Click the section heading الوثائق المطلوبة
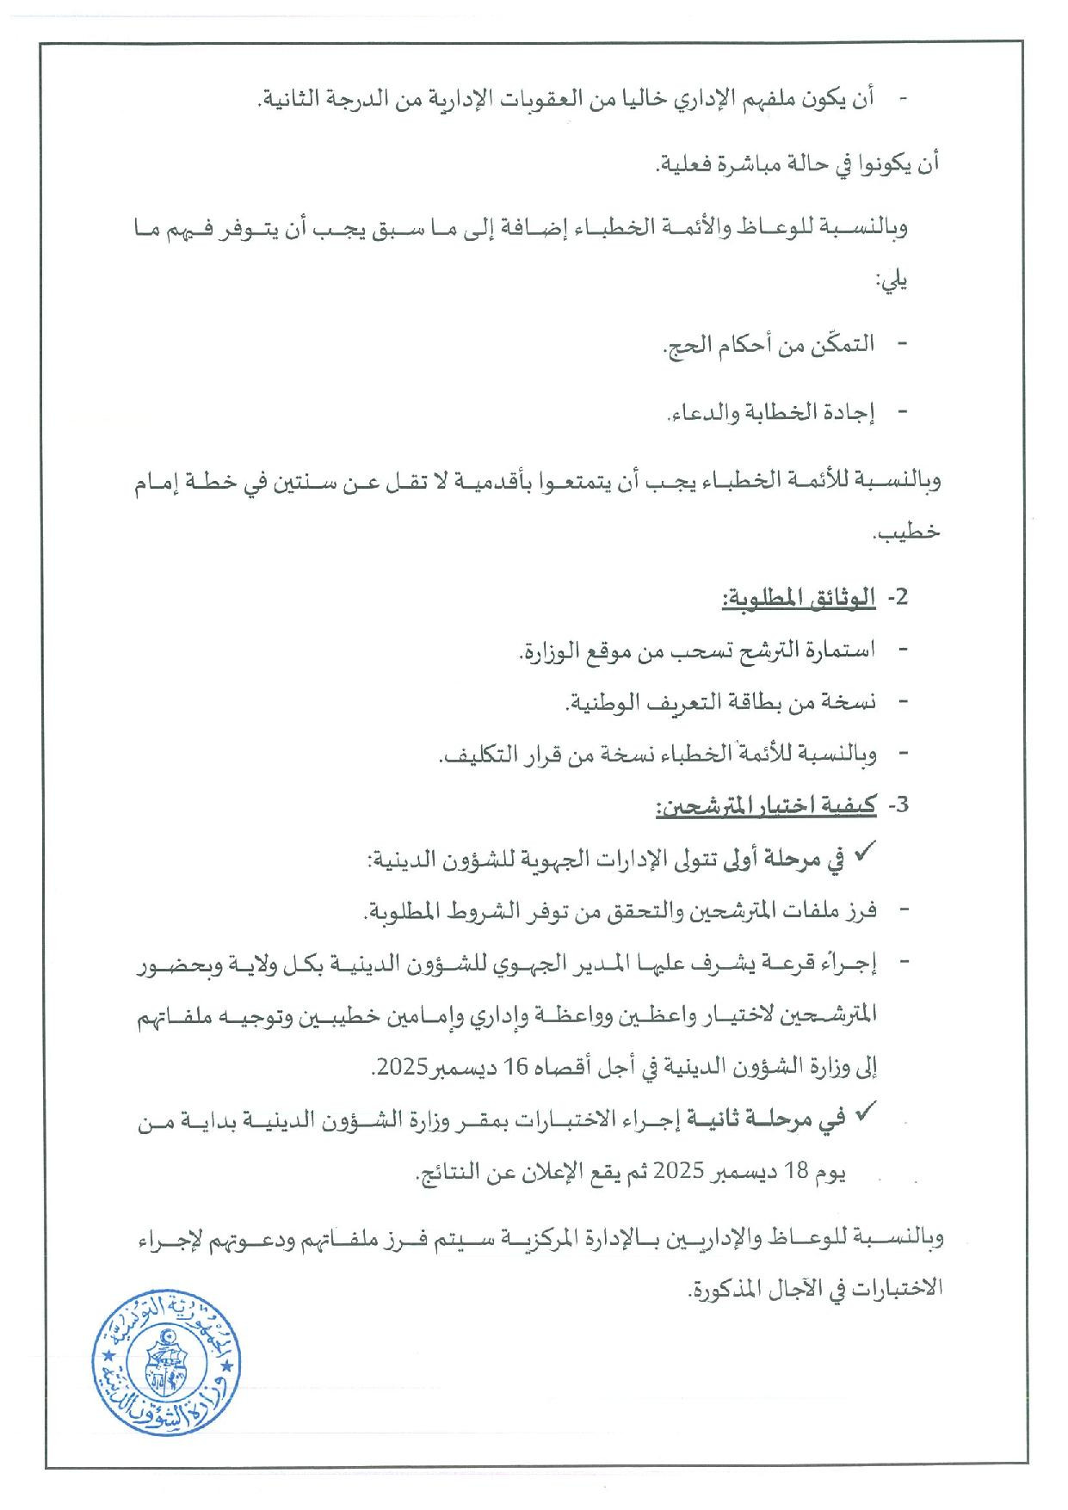point(798,598)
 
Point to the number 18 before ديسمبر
point(791,1171)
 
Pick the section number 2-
point(896,598)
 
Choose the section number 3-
point(896,805)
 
